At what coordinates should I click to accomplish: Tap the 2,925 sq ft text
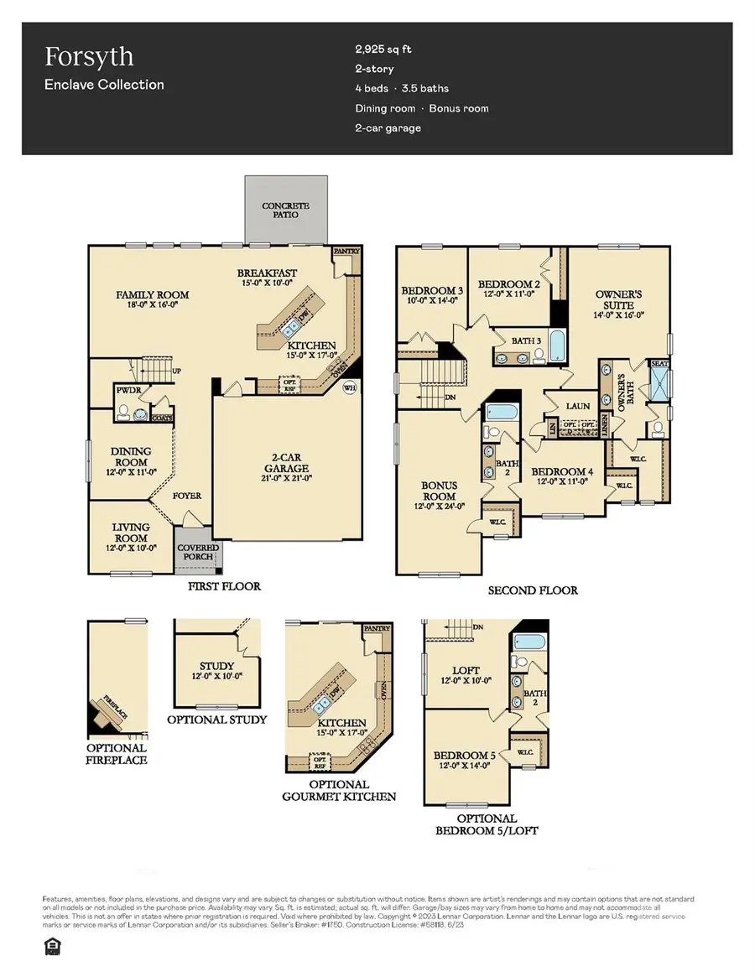point(383,49)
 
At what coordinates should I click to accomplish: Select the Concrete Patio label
point(285,210)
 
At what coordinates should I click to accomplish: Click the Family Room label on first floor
point(152,295)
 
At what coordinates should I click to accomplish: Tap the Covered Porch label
point(198,553)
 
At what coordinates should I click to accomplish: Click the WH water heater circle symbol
point(347,387)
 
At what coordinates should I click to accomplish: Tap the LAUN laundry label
point(577,406)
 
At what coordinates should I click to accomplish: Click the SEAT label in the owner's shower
point(659,365)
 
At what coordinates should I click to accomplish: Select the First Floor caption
point(224,586)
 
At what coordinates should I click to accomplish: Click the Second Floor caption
point(533,590)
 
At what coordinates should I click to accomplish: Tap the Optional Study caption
point(217,720)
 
